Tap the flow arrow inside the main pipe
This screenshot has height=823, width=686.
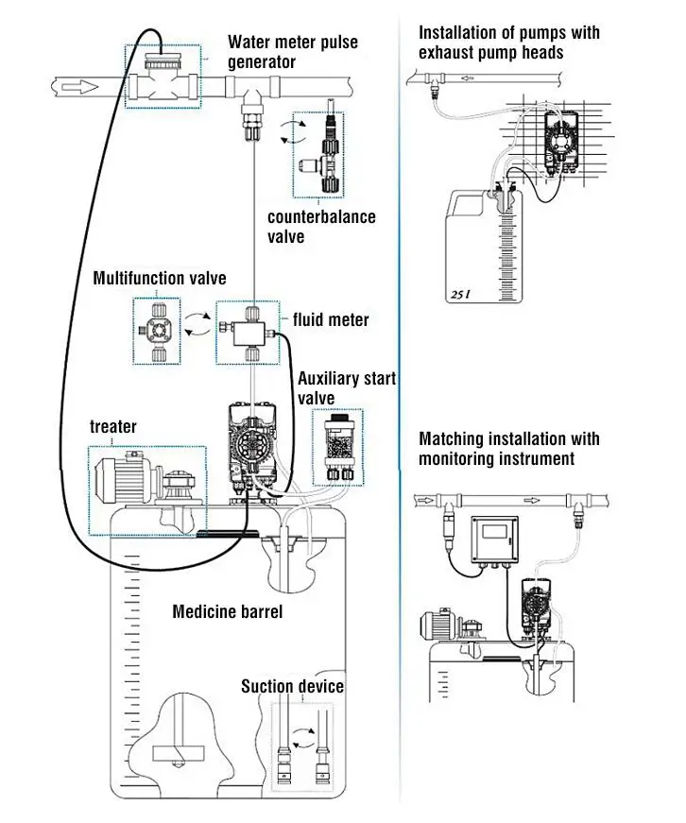81,88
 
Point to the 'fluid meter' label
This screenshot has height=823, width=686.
331,320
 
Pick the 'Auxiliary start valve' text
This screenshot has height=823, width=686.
346,388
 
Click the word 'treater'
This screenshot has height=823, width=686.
113,427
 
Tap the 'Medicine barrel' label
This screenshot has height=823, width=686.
227,611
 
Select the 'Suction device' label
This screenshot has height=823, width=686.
292,686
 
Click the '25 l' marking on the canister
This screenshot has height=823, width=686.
460,293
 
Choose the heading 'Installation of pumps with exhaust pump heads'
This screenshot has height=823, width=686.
509,42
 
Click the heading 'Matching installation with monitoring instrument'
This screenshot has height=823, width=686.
509,449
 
